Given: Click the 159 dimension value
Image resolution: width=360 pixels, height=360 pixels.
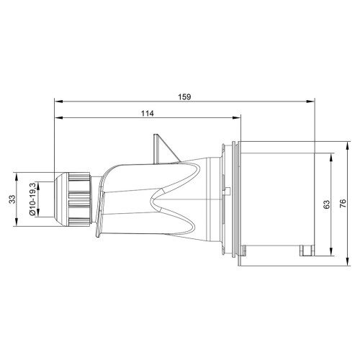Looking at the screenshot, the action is click(x=184, y=97).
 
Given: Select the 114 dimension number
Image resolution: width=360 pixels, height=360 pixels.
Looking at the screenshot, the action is click(x=147, y=113).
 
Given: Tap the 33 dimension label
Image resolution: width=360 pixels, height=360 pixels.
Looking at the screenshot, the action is click(x=12, y=199).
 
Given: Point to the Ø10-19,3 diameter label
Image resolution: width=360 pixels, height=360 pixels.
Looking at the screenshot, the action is click(x=32, y=199).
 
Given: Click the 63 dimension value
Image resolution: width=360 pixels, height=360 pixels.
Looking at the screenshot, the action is click(x=327, y=204).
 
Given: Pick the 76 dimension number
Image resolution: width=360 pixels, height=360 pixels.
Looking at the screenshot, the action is click(x=343, y=204).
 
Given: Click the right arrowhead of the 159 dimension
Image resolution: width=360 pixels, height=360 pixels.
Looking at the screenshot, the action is click(x=310, y=102).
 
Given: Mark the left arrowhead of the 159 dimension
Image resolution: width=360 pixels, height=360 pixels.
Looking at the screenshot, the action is click(x=58, y=102).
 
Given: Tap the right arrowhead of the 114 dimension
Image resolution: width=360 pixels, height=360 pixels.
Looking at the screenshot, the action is click(x=236, y=117).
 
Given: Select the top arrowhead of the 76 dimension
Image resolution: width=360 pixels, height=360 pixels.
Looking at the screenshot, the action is click(x=348, y=145).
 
